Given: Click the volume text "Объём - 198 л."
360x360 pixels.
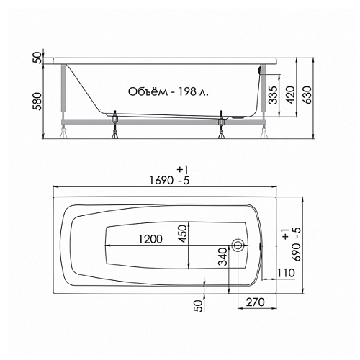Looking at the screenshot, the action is click(x=168, y=91).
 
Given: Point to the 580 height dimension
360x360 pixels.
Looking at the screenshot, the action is click(x=37, y=102).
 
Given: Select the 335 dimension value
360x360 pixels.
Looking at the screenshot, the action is click(x=273, y=95).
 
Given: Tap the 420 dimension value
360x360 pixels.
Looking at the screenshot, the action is click(x=291, y=95).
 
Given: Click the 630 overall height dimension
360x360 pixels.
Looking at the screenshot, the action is click(x=308, y=95).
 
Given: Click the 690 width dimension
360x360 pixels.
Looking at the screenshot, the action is click(x=297, y=252).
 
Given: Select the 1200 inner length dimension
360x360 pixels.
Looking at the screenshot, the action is click(x=150, y=239).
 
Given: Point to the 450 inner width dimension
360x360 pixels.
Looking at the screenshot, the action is click(x=183, y=234).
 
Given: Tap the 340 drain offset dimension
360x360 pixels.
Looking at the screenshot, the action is click(x=222, y=257).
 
